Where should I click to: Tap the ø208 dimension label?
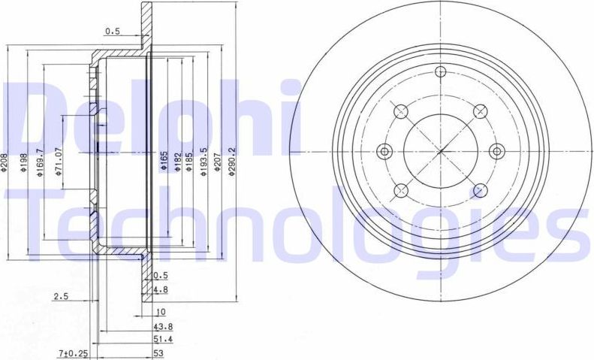(x=5, y=163)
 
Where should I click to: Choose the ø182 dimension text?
(x=178, y=162)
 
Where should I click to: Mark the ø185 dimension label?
(x=189, y=162)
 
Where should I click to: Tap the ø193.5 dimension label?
(x=203, y=163)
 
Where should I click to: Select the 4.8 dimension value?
(x=159, y=289)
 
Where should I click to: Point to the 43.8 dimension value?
(x=162, y=326)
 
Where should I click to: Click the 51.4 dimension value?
(x=162, y=339)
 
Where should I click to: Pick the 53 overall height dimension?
(x=158, y=352)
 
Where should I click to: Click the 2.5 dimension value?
(x=61, y=297)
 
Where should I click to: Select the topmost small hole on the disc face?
(x=440, y=72)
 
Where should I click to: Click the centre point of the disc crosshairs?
(x=440, y=151)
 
